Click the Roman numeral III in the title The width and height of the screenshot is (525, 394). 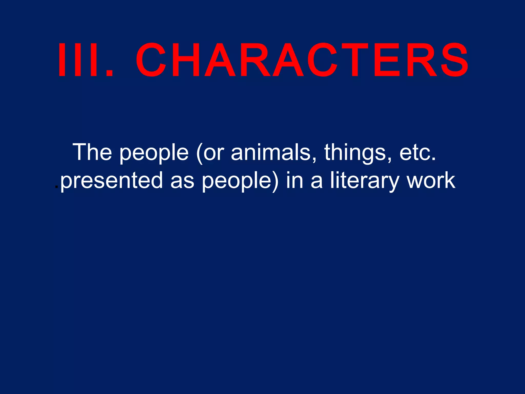click(x=78, y=60)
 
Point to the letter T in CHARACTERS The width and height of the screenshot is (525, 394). click(x=352, y=60)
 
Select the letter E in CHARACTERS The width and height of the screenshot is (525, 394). click(x=387, y=60)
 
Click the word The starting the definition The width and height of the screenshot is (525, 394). click(x=92, y=152)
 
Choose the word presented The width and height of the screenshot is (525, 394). click(x=112, y=181)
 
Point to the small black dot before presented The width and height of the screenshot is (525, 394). click(x=57, y=187)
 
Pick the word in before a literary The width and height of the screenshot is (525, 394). click(x=295, y=181)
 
